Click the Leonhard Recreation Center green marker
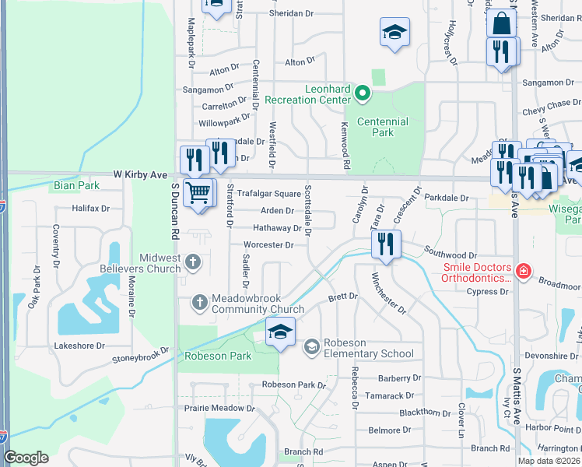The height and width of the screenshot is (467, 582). pos(362,94)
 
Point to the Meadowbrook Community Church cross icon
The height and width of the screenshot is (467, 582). pos(200,301)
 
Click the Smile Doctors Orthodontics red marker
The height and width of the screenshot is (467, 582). pos(524,272)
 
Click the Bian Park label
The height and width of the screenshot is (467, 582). pos(76,186)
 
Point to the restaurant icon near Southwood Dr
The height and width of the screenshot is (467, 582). pos(386,243)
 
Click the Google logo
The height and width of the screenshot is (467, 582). pos(26,458)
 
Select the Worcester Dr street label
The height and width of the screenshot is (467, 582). pos(268,245)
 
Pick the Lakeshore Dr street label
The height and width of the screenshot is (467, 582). pos(79,346)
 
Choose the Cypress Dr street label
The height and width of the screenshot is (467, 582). pos(488,292)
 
